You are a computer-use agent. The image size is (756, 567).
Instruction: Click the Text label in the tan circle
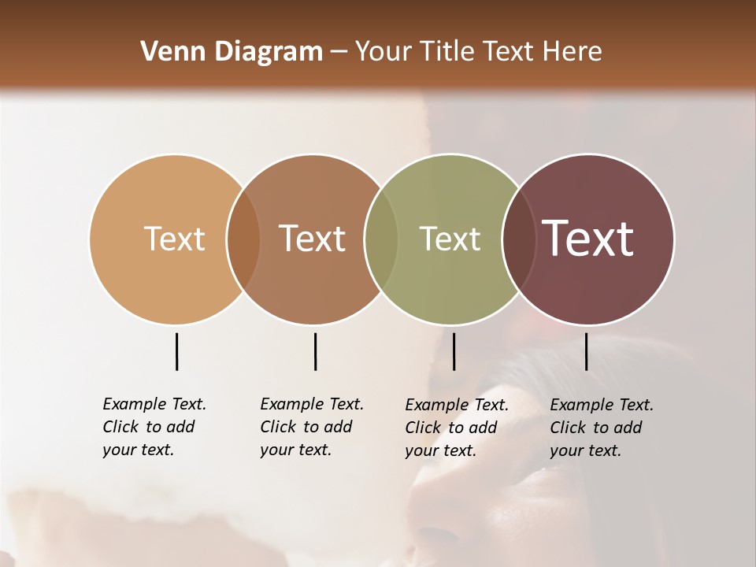point(174,239)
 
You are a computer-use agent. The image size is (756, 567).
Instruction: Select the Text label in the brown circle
point(313,239)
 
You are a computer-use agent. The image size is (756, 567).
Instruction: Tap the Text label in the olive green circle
point(450,239)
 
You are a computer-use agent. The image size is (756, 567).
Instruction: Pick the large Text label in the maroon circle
point(588,239)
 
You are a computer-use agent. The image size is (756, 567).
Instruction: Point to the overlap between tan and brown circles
point(243,239)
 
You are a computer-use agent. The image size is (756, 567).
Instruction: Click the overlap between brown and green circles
point(381,239)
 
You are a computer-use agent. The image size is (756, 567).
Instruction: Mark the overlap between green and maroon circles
point(519,239)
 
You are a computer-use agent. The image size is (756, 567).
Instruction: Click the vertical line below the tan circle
point(176,351)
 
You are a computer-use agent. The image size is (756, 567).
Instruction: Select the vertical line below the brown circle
point(315,351)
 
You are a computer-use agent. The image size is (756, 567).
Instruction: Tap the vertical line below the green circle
point(454,351)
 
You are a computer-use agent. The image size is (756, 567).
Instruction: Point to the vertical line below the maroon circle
point(587,351)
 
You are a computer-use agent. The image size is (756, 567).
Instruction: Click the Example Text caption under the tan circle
point(154,427)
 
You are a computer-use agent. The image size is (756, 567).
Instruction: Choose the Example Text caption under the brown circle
point(311,427)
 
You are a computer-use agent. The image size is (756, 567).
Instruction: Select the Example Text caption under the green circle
point(456,428)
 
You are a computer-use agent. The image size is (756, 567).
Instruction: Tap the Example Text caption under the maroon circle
point(601,428)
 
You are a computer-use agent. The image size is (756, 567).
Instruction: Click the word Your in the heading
point(384,52)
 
